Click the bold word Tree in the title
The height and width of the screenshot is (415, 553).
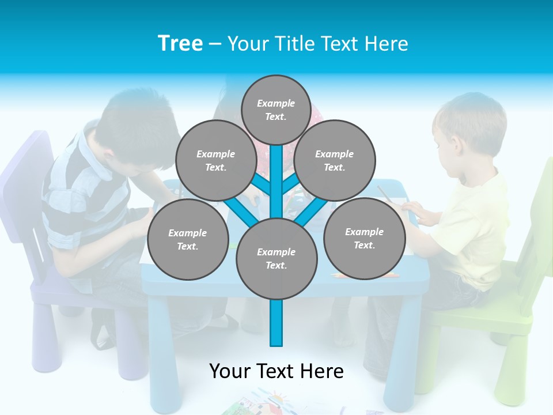point(180,44)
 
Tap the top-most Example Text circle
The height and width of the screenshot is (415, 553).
point(276,110)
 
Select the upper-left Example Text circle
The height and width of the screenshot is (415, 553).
point(215,161)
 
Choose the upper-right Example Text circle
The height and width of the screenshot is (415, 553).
point(335,161)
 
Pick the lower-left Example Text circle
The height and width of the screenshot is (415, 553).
point(188,240)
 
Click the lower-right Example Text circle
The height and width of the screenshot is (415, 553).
point(364,239)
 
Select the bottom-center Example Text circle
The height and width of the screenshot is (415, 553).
point(276,259)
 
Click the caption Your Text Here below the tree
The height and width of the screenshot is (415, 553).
point(276,371)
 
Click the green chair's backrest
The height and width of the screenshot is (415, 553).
point(539,219)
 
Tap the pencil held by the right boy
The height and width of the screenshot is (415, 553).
point(384,194)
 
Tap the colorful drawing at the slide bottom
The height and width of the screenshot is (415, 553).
point(259,403)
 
